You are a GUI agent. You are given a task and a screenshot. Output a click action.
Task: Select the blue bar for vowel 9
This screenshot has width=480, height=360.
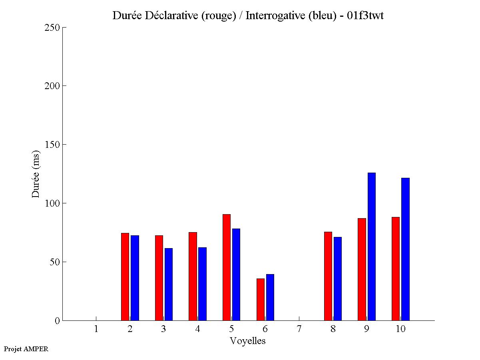(x=372, y=247)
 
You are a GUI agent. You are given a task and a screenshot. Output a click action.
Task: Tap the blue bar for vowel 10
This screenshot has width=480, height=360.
(x=405, y=249)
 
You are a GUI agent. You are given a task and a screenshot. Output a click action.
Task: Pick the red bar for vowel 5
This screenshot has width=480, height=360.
(x=227, y=267)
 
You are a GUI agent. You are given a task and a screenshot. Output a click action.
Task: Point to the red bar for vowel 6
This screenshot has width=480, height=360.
(x=260, y=299)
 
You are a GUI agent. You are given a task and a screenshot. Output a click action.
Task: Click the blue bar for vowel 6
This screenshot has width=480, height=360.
(x=270, y=297)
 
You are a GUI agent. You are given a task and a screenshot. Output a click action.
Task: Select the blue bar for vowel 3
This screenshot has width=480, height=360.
(x=169, y=284)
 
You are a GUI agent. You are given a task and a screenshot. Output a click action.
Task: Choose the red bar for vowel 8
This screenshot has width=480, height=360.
(x=328, y=276)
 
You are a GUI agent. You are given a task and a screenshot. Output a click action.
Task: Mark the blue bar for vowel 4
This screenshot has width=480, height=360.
(x=202, y=284)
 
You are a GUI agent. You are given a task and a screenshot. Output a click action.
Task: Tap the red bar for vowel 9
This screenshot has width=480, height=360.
(x=362, y=269)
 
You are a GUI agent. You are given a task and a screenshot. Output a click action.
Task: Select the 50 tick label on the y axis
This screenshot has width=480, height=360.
(x=55, y=262)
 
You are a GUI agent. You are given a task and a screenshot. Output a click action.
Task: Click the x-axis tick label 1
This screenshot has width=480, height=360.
(x=96, y=329)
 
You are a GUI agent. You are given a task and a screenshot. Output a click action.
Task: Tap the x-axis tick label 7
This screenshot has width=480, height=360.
(x=299, y=329)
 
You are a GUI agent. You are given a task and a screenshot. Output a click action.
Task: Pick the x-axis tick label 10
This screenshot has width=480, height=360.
(x=400, y=329)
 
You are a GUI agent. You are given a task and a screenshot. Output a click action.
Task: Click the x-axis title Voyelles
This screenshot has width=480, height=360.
(x=248, y=341)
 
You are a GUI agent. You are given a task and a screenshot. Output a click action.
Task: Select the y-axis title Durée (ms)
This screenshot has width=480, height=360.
(x=36, y=174)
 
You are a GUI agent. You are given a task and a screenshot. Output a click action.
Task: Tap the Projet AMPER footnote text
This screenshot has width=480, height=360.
(x=26, y=349)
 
